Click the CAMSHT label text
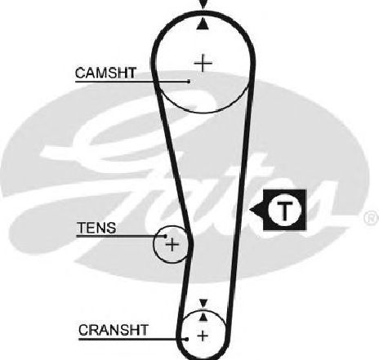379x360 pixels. [105, 73]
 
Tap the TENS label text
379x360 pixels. [96, 228]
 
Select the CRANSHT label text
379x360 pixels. [114, 330]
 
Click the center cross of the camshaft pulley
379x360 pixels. [203, 63]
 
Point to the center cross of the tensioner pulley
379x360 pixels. [172, 244]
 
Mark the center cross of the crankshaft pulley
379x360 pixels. [203, 336]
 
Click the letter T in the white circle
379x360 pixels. [285, 211]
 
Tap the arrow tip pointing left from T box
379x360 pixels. [250, 210]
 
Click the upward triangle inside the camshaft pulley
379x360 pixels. [203, 24]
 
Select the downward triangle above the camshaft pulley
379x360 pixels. [203, 4]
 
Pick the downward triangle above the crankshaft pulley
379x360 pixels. [203, 303]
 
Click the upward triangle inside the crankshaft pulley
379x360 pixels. [203, 317]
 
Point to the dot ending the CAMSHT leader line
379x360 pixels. [189, 81]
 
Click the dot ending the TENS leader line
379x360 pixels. [165, 236]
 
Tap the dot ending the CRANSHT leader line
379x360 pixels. [187, 339]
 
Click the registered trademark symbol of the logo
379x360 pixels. [372, 218]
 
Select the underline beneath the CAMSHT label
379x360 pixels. [132, 82]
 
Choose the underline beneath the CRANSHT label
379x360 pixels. [132, 339]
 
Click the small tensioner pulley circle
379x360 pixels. [154, 244]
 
